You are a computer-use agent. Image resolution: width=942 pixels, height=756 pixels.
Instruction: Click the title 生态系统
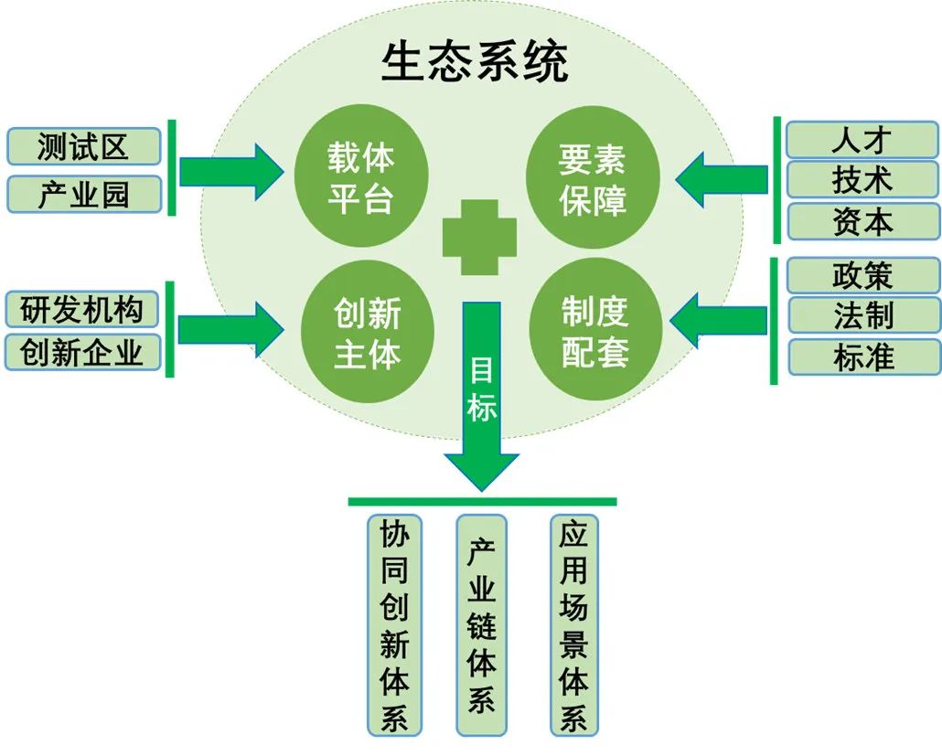(x=475, y=61)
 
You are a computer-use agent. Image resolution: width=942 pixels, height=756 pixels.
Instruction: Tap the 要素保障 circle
(x=593, y=180)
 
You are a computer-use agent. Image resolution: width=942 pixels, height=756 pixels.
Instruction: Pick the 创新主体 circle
(x=367, y=334)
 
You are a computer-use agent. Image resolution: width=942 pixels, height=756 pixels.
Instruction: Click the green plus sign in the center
(x=479, y=237)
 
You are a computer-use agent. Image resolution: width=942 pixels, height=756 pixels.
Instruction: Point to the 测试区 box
(x=83, y=146)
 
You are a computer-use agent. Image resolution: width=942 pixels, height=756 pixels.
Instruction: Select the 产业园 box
(x=83, y=194)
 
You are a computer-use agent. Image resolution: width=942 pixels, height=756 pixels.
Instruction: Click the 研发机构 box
(x=82, y=310)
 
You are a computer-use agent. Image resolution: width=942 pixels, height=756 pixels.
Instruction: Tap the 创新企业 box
(x=82, y=352)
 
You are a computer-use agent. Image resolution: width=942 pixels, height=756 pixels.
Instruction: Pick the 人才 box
(x=862, y=140)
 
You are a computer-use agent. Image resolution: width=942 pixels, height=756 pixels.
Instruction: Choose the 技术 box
(x=862, y=180)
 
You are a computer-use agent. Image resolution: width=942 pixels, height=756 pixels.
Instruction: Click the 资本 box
(x=862, y=221)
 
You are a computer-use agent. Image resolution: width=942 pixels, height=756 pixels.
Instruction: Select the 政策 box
(x=862, y=275)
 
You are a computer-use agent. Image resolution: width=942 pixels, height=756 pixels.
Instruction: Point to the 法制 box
(x=862, y=315)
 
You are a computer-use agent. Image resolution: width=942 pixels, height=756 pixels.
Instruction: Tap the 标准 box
(x=862, y=357)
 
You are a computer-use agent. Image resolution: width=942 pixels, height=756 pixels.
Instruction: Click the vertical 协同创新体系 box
(x=394, y=625)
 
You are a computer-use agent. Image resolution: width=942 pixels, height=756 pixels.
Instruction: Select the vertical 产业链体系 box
(x=482, y=625)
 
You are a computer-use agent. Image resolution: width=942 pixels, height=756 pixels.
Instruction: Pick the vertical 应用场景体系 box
(x=573, y=625)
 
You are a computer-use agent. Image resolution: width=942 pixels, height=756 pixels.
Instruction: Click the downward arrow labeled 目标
(x=482, y=402)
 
